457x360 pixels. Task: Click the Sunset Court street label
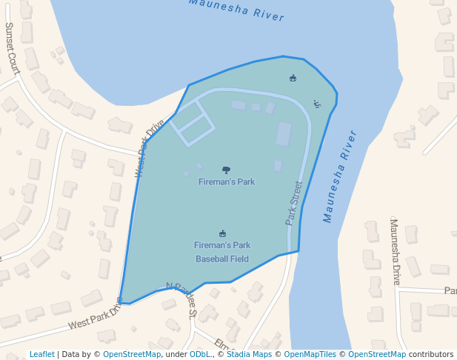tap(13, 47)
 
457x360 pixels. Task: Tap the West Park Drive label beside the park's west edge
tap(150, 148)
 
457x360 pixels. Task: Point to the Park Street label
tap(294, 203)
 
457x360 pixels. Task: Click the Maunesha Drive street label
tap(396, 252)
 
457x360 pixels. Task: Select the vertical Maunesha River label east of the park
tap(340, 176)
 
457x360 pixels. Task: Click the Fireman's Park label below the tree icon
tap(227, 181)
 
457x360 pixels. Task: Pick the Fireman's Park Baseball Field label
tap(222, 252)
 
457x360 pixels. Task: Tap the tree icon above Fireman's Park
tap(226, 170)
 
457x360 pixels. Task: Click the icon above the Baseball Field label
tap(222, 233)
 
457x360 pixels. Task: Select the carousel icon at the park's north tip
tap(293, 78)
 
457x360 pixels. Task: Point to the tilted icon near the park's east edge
tap(317, 104)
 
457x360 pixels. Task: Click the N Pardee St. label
tap(181, 299)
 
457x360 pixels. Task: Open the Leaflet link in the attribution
tap(41, 354)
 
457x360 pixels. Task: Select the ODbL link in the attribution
tap(200, 354)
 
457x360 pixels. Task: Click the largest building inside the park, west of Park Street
tap(284, 135)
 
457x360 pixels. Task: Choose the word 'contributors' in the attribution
tap(431, 354)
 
